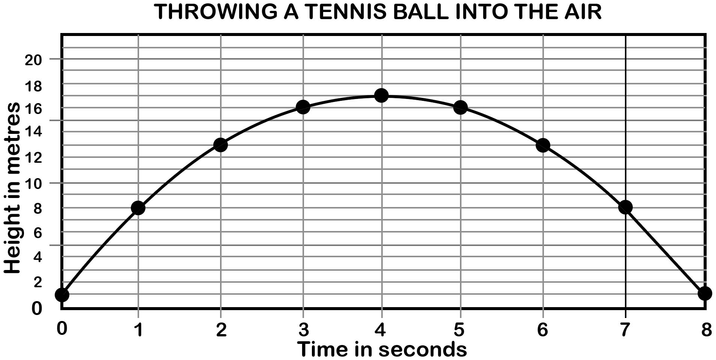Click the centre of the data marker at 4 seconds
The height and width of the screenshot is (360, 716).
coord(381,95)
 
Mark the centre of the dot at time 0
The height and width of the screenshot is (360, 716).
coord(62,295)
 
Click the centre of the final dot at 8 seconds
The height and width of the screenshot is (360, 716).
coord(705,293)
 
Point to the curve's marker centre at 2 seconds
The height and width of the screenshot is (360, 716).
coord(220,145)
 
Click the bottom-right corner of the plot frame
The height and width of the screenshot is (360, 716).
coord(706,309)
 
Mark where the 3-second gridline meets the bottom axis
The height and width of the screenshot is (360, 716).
coord(303,309)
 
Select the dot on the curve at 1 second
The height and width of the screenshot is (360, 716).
coord(138,207)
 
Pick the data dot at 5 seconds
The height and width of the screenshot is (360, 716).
coord(460,108)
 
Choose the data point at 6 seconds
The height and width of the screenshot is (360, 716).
coord(543,145)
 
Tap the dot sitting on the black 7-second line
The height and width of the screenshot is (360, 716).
coord(625,207)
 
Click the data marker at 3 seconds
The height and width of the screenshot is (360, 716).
coord(303,107)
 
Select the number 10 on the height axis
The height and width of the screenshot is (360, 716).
coord(33,184)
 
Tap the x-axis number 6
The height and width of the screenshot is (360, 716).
coord(542,330)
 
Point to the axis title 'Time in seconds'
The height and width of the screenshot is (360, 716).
coord(382,349)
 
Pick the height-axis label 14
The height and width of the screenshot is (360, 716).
coord(33,132)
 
